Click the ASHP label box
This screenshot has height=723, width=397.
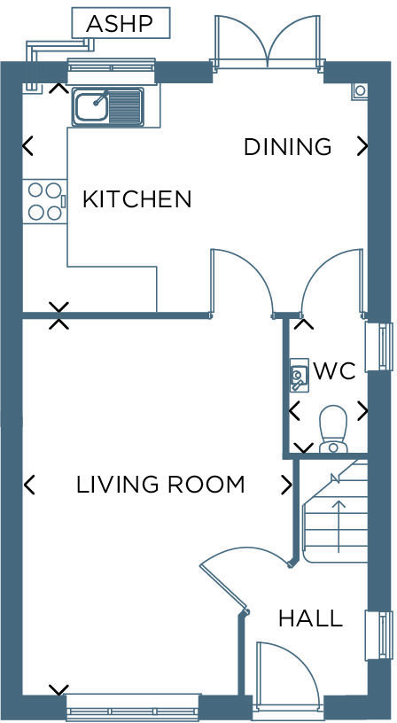pos(121,23)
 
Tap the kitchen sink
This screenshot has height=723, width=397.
pos(107,107)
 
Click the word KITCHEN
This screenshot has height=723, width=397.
pos(136,199)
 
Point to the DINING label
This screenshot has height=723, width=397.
pos(287,147)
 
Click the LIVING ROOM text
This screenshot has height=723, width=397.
pos(160,485)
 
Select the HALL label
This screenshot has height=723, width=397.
pos(309,618)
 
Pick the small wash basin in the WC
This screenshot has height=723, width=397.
pos(299,375)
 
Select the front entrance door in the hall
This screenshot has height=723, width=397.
pos(285,674)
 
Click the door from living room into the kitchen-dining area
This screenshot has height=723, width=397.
pos(239,279)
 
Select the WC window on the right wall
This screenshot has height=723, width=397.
pos(379,346)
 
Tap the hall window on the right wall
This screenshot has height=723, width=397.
pos(379,635)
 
